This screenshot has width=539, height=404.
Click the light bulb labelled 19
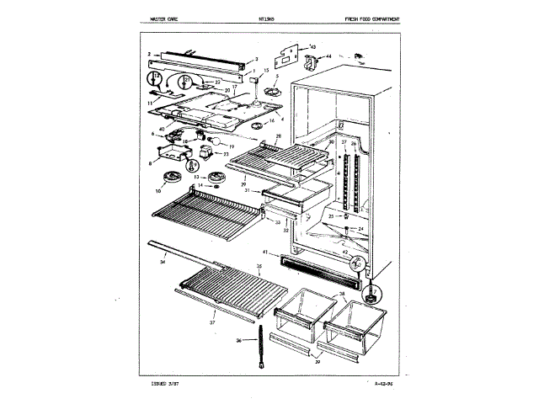pos(215,141)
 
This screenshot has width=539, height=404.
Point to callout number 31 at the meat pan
pos(249,190)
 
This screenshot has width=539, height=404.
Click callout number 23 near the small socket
pos(226,154)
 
